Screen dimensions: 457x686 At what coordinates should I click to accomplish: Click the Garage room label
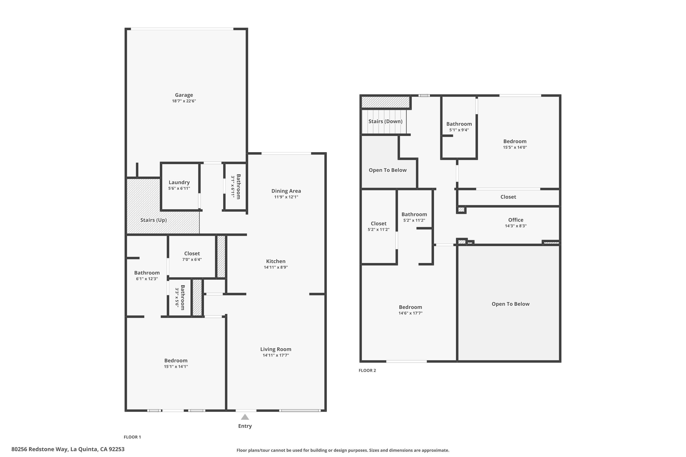(x=184, y=95)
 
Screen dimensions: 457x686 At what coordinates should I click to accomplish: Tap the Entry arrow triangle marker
(x=245, y=417)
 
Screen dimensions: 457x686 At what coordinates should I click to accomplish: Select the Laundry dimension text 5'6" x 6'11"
(x=179, y=189)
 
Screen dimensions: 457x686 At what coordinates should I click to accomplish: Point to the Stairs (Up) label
(x=153, y=220)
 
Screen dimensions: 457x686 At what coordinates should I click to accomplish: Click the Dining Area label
(x=286, y=191)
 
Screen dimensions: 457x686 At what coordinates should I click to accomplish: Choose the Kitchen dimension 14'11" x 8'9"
(x=276, y=267)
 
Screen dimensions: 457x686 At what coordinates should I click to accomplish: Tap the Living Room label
(x=276, y=349)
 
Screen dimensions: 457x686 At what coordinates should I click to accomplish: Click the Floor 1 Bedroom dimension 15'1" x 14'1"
(x=176, y=367)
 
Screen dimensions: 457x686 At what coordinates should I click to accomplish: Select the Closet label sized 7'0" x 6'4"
(x=192, y=254)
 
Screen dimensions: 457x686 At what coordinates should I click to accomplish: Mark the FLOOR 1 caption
(x=132, y=437)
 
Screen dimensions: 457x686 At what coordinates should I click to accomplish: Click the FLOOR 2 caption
(x=367, y=370)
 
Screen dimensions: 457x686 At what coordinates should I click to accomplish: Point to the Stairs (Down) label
(x=385, y=121)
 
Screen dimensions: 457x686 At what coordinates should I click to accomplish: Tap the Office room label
(x=515, y=220)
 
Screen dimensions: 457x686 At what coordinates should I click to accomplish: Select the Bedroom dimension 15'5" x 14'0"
(x=515, y=147)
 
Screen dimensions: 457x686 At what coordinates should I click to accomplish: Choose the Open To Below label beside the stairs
(x=387, y=170)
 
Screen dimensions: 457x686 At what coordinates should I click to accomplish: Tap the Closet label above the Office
(x=508, y=197)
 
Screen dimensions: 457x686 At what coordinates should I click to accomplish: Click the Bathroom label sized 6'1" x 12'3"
(x=147, y=273)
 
